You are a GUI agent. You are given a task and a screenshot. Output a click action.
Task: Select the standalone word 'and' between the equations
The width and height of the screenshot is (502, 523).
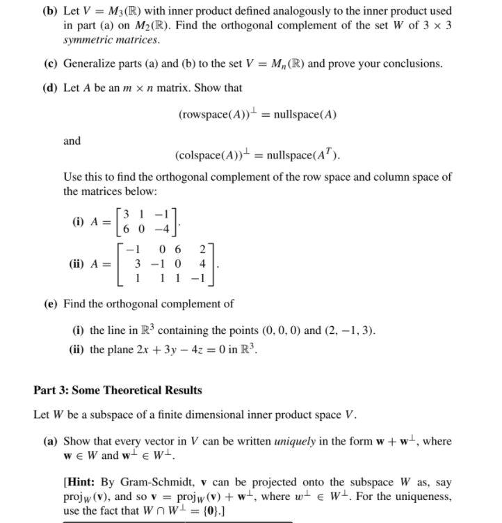(72, 140)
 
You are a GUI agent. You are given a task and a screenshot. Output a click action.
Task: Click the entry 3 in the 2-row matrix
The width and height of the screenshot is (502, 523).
(125, 215)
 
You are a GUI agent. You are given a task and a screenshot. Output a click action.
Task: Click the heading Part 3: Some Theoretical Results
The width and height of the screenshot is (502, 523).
(118, 389)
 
